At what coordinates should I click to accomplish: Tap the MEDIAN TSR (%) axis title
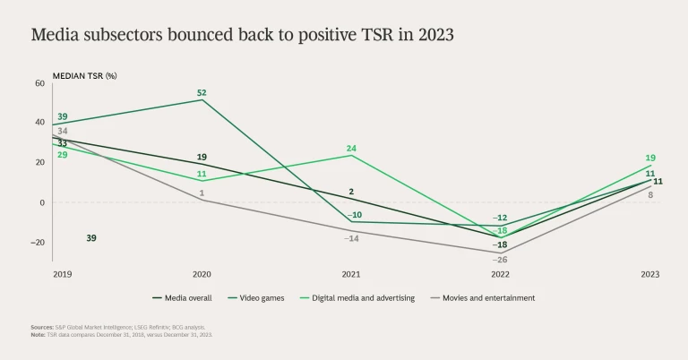[x=85, y=75]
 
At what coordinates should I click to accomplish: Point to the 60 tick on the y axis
[x=39, y=83]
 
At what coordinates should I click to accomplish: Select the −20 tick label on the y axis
[x=38, y=242]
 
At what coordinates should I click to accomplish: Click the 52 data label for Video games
[x=202, y=92]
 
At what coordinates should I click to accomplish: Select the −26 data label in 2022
[x=501, y=259]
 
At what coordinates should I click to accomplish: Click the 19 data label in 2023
[x=650, y=157]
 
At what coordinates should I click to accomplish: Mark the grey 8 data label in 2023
[x=651, y=194]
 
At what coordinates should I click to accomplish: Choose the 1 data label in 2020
[x=202, y=193]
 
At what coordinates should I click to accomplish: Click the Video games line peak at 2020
[x=202, y=99]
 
